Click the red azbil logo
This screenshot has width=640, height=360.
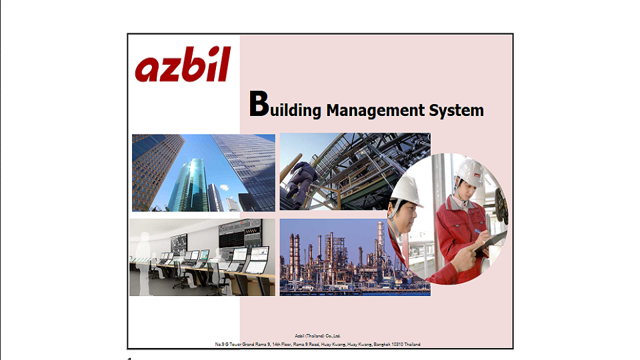pyautogui.click(x=183, y=67)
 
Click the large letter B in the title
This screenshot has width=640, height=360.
pyautogui.click(x=258, y=105)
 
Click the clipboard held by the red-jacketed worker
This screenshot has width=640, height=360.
pyautogui.click(x=492, y=241)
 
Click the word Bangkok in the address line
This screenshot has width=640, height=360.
pyautogui.click(x=380, y=345)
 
